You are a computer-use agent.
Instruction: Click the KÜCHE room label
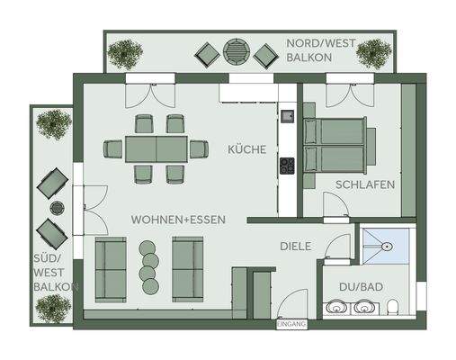[x=246, y=149]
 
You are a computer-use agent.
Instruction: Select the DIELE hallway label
[x=294, y=243]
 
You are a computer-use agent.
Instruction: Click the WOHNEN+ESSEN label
[x=178, y=220]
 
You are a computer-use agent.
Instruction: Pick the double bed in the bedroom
[x=335, y=145]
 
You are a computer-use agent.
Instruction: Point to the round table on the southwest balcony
[x=57, y=209]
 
